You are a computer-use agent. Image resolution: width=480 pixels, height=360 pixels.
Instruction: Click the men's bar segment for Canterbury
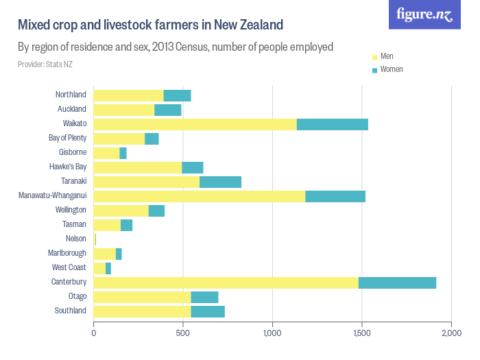click(226, 282)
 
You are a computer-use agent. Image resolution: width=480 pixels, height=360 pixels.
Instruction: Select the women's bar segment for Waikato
click(332, 124)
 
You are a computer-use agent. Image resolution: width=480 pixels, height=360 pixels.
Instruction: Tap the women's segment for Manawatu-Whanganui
click(335, 196)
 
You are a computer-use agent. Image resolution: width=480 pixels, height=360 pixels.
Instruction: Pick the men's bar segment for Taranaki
click(146, 182)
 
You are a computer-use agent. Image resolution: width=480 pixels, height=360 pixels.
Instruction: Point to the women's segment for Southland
click(207, 311)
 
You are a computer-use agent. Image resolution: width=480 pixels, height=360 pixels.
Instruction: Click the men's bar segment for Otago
click(142, 296)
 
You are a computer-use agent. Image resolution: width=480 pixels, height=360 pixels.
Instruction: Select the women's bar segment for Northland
click(177, 95)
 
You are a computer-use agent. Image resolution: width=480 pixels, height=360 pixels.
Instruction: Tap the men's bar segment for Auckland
click(123, 110)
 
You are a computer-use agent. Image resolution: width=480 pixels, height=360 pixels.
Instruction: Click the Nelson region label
click(75, 239)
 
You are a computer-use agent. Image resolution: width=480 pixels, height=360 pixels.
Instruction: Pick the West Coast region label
click(69, 267)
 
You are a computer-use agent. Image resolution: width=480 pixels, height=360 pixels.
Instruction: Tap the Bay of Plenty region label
click(67, 138)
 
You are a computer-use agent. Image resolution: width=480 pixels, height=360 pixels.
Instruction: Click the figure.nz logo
click(424, 14)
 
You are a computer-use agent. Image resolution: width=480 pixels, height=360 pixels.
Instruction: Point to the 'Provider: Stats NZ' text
click(45, 64)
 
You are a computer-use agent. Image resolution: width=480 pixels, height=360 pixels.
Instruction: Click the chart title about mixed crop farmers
click(150, 25)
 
